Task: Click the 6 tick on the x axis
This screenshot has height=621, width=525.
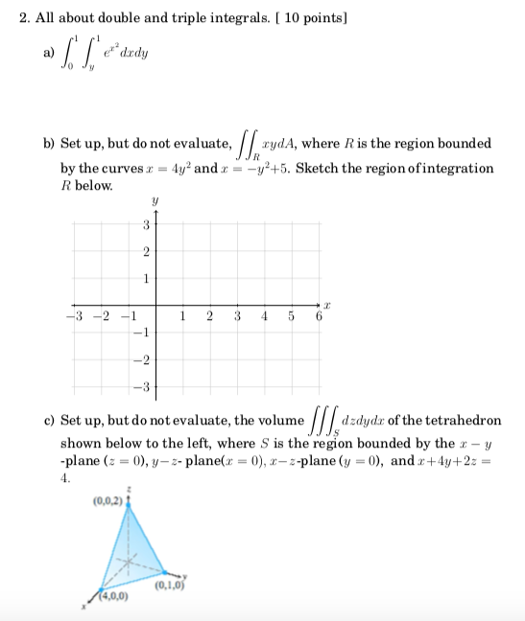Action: click(318, 317)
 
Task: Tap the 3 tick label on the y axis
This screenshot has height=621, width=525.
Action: click(145, 226)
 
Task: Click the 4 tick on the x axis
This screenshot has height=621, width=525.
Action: click(263, 317)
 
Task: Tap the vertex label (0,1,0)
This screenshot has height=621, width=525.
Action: click(179, 581)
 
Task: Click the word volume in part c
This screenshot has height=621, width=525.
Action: click(271, 421)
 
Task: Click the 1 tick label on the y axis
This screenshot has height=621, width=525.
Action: click(145, 279)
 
